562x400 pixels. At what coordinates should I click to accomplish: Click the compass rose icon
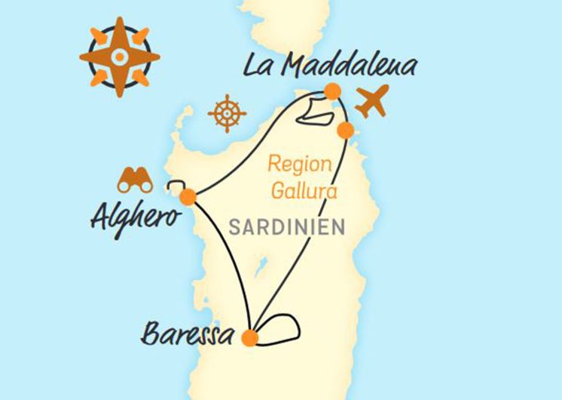coord(120,57)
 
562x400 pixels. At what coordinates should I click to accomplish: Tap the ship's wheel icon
coord(227,113)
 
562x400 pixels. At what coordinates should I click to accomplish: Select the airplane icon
coord(371,101)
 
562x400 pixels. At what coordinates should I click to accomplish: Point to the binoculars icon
coord(135,180)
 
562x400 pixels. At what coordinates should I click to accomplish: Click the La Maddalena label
coord(329,66)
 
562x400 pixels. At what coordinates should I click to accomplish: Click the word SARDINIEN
coord(287,226)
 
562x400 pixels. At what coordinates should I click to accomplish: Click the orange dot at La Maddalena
coord(332,92)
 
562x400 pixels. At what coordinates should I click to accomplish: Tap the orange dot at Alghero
coord(188,197)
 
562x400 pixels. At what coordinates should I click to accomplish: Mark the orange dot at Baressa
coord(250,338)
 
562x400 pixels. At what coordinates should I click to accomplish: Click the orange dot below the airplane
coord(345,131)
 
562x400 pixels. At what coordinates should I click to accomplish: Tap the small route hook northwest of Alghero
coord(175,186)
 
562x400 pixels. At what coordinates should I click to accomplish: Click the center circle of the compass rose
coord(120,57)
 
